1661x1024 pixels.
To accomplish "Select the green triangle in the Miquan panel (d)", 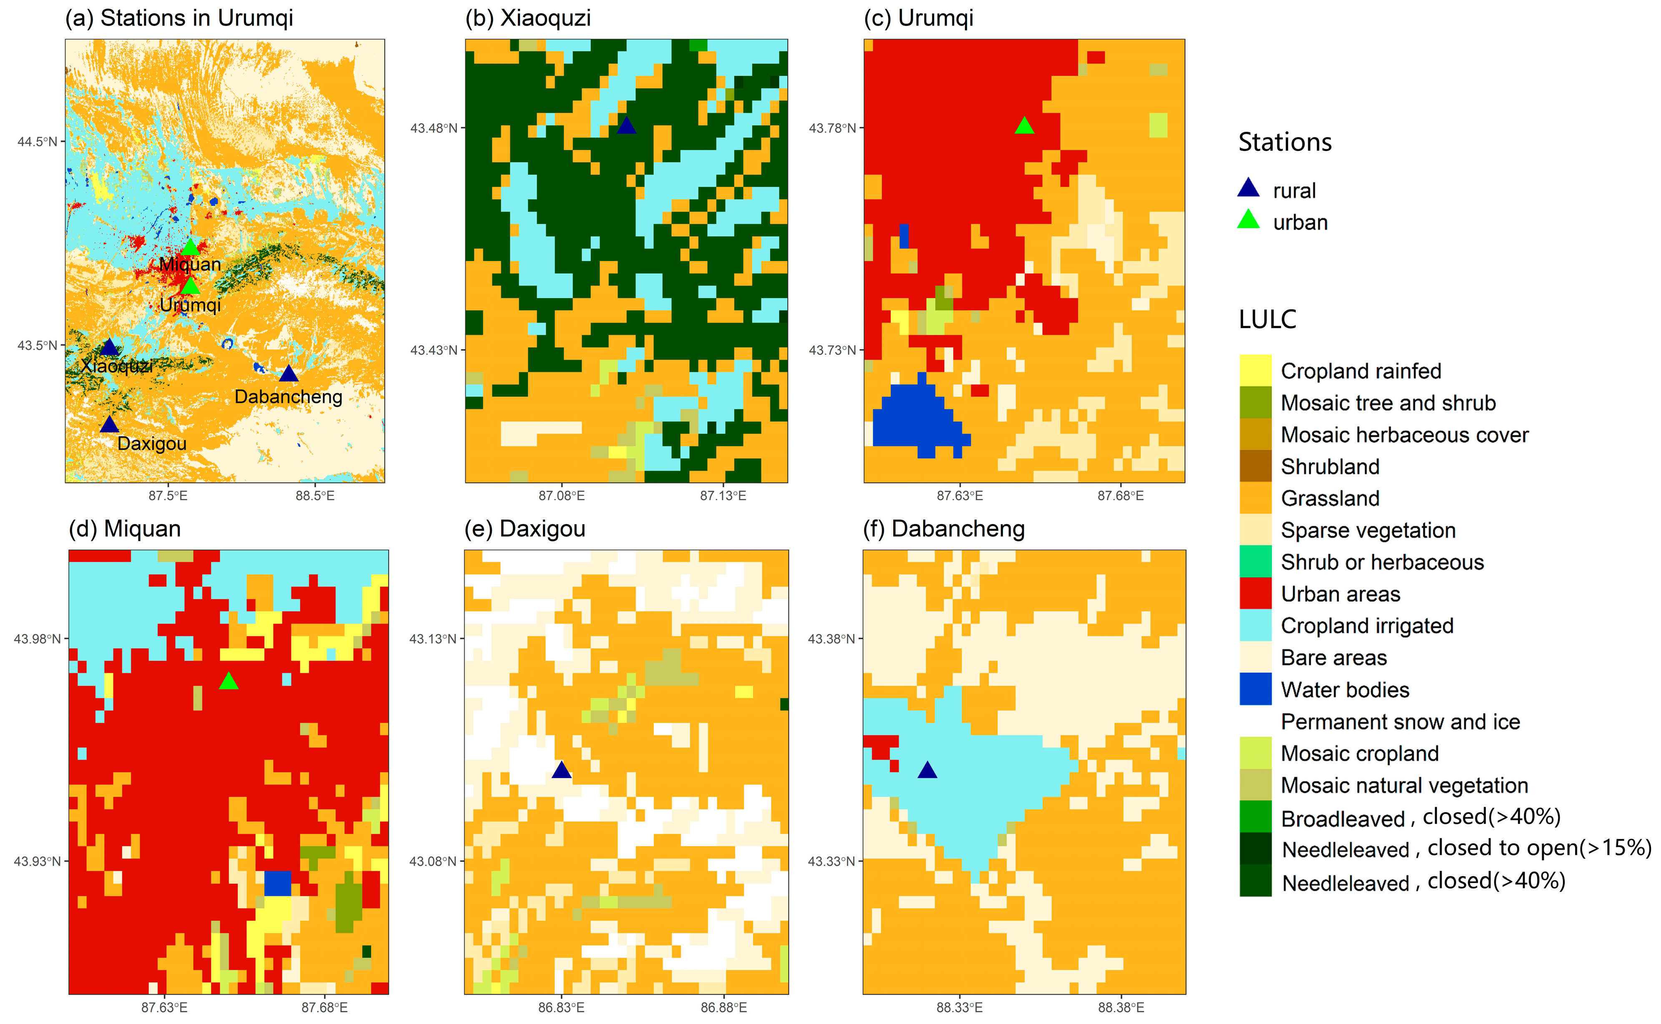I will click(229, 681).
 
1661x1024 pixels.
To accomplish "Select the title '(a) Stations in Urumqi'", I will click(179, 18).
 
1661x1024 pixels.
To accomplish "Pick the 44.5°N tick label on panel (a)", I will click(37, 141).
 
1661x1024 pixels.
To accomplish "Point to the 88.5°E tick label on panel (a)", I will click(314, 496).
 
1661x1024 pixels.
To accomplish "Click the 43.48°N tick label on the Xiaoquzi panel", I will click(434, 128).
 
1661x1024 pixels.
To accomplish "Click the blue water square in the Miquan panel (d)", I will click(277, 883).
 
